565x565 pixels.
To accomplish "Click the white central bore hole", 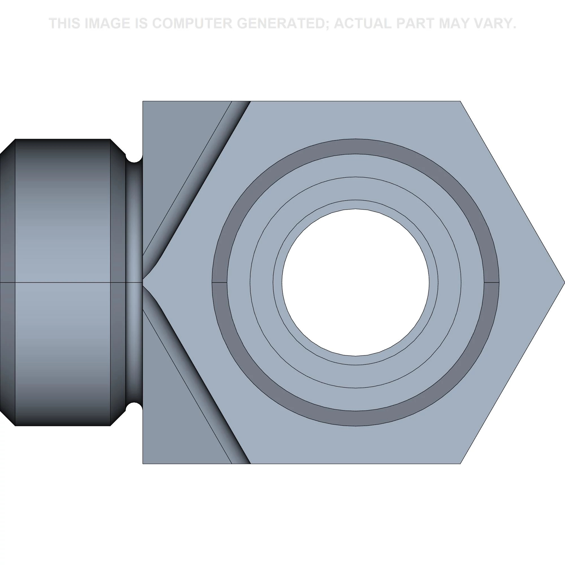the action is [356, 282].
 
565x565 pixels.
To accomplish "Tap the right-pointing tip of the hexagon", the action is [564, 282].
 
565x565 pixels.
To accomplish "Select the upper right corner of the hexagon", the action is [460, 101].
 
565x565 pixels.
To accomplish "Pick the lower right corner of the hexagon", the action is [460, 464].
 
